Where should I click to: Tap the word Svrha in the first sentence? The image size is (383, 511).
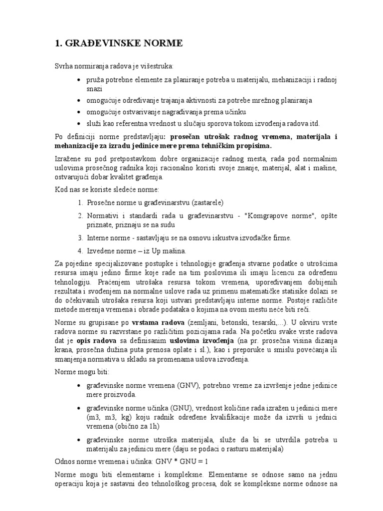(63, 66)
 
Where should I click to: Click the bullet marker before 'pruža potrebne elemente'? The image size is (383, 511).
(81, 80)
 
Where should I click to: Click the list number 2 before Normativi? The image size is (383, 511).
(80, 215)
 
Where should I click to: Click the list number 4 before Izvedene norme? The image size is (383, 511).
(80, 250)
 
